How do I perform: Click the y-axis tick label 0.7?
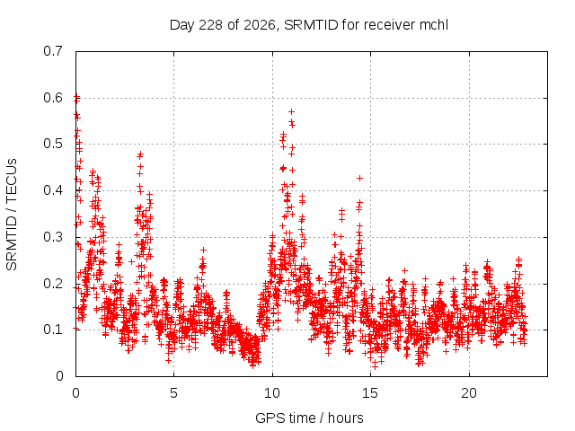53,51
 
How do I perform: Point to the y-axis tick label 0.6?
53,98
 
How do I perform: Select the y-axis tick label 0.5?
53,144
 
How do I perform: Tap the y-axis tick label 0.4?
53,190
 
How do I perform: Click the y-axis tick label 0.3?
53,237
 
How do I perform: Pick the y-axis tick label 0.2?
53,284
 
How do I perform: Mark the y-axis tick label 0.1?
53,330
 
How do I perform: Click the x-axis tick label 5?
173,393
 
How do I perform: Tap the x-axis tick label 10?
272,393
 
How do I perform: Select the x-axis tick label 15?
370,393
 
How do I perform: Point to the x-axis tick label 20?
469,393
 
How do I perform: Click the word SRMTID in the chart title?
311,25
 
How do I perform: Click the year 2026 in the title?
260,25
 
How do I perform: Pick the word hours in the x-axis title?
345,418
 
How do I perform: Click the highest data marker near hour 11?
291,111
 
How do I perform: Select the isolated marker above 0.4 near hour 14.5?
359,178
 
